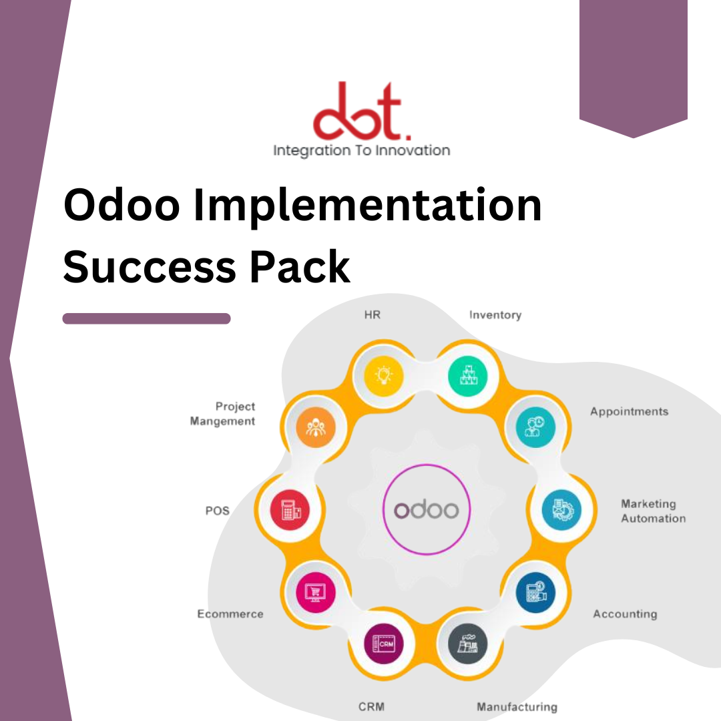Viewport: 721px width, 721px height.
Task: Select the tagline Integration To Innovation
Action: (x=361, y=150)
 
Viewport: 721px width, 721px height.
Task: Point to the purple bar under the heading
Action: (x=146, y=318)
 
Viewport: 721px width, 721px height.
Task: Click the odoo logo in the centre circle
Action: (x=427, y=510)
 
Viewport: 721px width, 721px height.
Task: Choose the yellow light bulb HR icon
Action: (x=384, y=376)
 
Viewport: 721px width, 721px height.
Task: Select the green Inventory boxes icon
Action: (x=467, y=376)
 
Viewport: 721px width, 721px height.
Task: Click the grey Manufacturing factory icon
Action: (x=467, y=644)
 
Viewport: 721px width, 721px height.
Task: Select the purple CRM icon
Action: (x=384, y=644)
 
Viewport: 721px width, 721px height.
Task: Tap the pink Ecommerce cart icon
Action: (x=315, y=591)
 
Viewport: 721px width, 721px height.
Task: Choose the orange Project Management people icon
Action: (x=314, y=428)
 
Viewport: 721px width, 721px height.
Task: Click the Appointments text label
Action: (x=629, y=411)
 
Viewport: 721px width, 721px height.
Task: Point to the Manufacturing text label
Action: (x=517, y=706)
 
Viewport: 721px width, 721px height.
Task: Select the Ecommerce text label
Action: (x=230, y=614)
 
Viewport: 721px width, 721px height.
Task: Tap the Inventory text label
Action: (x=495, y=314)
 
